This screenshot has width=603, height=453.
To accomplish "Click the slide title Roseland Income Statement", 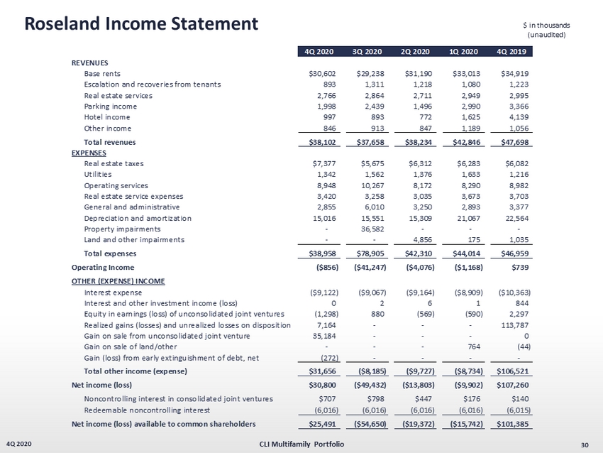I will click(x=141, y=23).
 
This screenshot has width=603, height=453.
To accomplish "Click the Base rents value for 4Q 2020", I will click(x=321, y=73).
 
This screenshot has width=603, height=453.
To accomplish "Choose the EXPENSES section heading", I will click(x=89, y=152).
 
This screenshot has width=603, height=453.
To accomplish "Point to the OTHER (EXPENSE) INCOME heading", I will click(x=118, y=281).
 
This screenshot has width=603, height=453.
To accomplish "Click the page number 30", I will click(x=585, y=444).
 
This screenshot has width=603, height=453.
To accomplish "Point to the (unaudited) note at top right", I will click(x=547, y=36).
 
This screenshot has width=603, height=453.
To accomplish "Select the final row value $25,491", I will click(x=321, y=424).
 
